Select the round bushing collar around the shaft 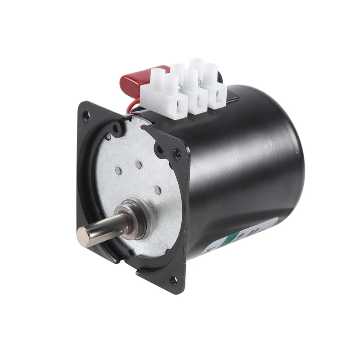[x=135, y=216]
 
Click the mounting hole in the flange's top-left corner [x=86, y=115]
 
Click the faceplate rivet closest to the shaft [x=157, y=190]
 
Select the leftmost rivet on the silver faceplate [x=118, y=170]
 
